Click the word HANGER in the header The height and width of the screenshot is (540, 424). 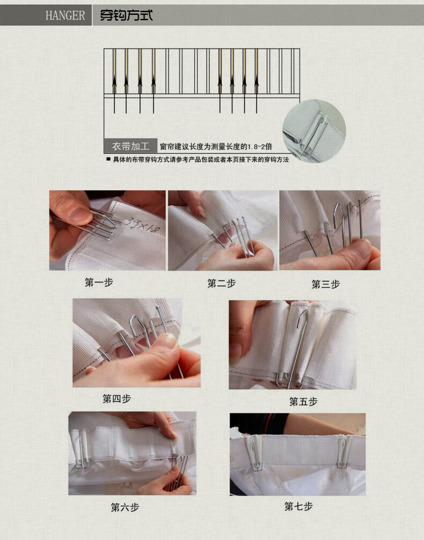point(65,16)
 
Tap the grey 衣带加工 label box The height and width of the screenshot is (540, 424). point(130,146)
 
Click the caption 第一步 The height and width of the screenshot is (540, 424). point(99,282)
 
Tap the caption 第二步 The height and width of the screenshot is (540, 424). point(221,284)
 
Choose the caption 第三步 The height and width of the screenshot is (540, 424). point(326,285)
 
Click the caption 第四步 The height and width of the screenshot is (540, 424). point(116,399)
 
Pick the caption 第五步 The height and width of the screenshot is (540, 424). point(303,402)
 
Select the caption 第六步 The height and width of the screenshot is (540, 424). point(125,507)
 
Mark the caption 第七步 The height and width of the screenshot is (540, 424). point(298,506)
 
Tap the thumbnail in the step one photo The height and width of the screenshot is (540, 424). point(79,215)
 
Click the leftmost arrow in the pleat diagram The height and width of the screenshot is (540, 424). point(114,80)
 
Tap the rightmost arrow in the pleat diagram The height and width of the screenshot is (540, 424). point(256,80)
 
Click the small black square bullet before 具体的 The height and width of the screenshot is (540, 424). point(108,160)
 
